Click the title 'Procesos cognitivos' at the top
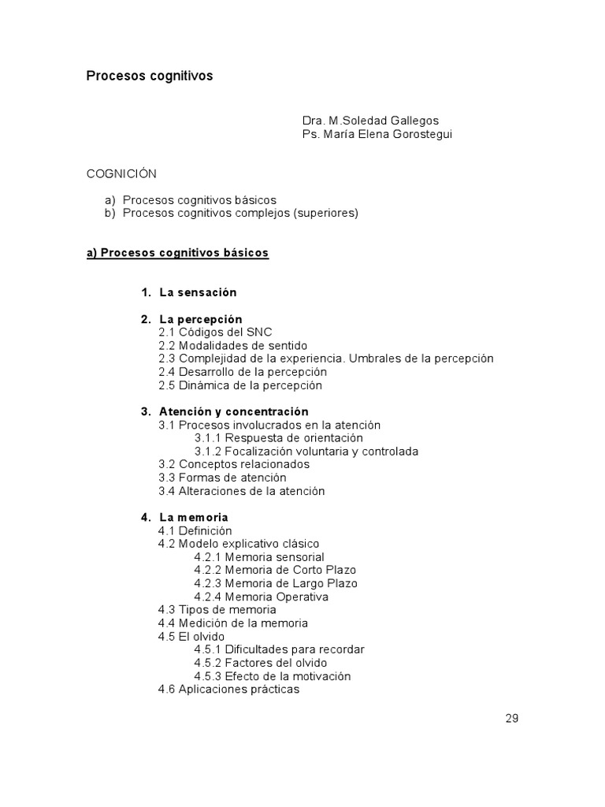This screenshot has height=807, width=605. click(149, 76)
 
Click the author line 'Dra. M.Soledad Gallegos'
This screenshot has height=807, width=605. click(370, 121)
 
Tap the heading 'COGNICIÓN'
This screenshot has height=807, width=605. click(121, 173)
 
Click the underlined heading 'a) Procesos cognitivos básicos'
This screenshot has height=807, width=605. click(177, 253)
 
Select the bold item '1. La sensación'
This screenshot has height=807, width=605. click(189, 292)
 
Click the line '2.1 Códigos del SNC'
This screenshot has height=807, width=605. click(215, 333)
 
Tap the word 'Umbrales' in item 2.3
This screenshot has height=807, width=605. click(371, 359)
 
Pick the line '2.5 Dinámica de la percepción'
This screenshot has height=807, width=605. click(240, 385)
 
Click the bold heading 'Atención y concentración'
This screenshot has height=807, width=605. click(233, 411)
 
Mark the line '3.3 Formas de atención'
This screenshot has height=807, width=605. click(222, 478)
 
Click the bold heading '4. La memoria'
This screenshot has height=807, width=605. click(185, 517)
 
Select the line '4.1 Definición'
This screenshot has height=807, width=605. click(195, 531)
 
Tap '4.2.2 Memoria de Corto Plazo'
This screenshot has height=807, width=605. click(275, 570)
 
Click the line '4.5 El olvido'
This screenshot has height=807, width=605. click(191, 637)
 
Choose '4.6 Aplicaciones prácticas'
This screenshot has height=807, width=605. click(228, 690)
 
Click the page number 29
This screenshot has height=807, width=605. click(512, 718)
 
